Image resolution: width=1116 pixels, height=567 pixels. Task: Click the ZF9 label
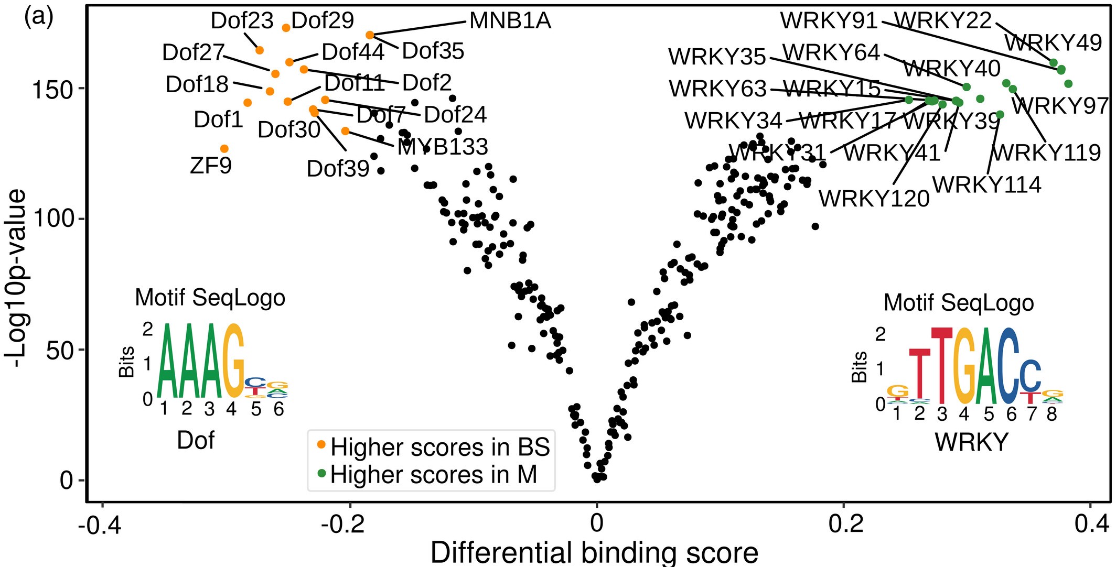[x=211, y=166]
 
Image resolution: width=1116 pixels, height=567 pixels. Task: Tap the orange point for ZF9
[x=224, y=149]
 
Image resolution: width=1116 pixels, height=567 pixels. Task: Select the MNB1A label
[x=510, y=21]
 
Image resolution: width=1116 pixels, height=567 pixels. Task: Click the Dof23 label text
[x=242, y=21]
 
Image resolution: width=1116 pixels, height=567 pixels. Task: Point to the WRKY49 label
[x=1053, y=43]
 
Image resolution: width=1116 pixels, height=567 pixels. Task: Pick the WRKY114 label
[x=986, y=185]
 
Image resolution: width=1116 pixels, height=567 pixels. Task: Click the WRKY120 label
[x=874, y=199]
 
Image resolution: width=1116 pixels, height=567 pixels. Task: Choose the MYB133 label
[x=443, y=147]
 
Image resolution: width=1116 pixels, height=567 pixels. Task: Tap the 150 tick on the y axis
[x=52, y=90]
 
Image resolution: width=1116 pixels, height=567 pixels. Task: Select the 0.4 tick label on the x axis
[x=1089, y=524]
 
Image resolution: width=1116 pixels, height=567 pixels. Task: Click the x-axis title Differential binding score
[x=594, y=553]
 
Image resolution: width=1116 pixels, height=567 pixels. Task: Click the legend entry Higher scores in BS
[x=439, y=447]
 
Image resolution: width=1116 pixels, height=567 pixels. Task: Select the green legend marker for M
[x=322, y=474]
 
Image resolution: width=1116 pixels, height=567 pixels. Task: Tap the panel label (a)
[x=38, y=17]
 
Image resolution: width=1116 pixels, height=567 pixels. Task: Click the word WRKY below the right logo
[x=971, y=442]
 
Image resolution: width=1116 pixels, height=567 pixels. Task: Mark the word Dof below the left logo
[x=196, y=440]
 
